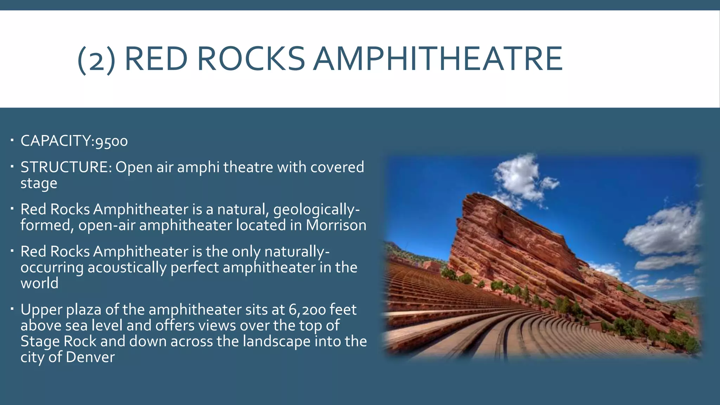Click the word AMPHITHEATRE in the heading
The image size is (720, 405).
click(438, 59)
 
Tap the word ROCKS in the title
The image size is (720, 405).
click(251, 59)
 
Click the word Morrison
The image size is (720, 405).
click(336, 225)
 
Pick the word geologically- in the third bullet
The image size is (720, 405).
click(316, 210)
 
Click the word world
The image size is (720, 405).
click(39, 283)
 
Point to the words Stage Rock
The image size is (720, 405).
click(58, 341)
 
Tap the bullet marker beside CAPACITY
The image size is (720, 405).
click(12, 141)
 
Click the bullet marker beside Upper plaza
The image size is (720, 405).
click(12, 309)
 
